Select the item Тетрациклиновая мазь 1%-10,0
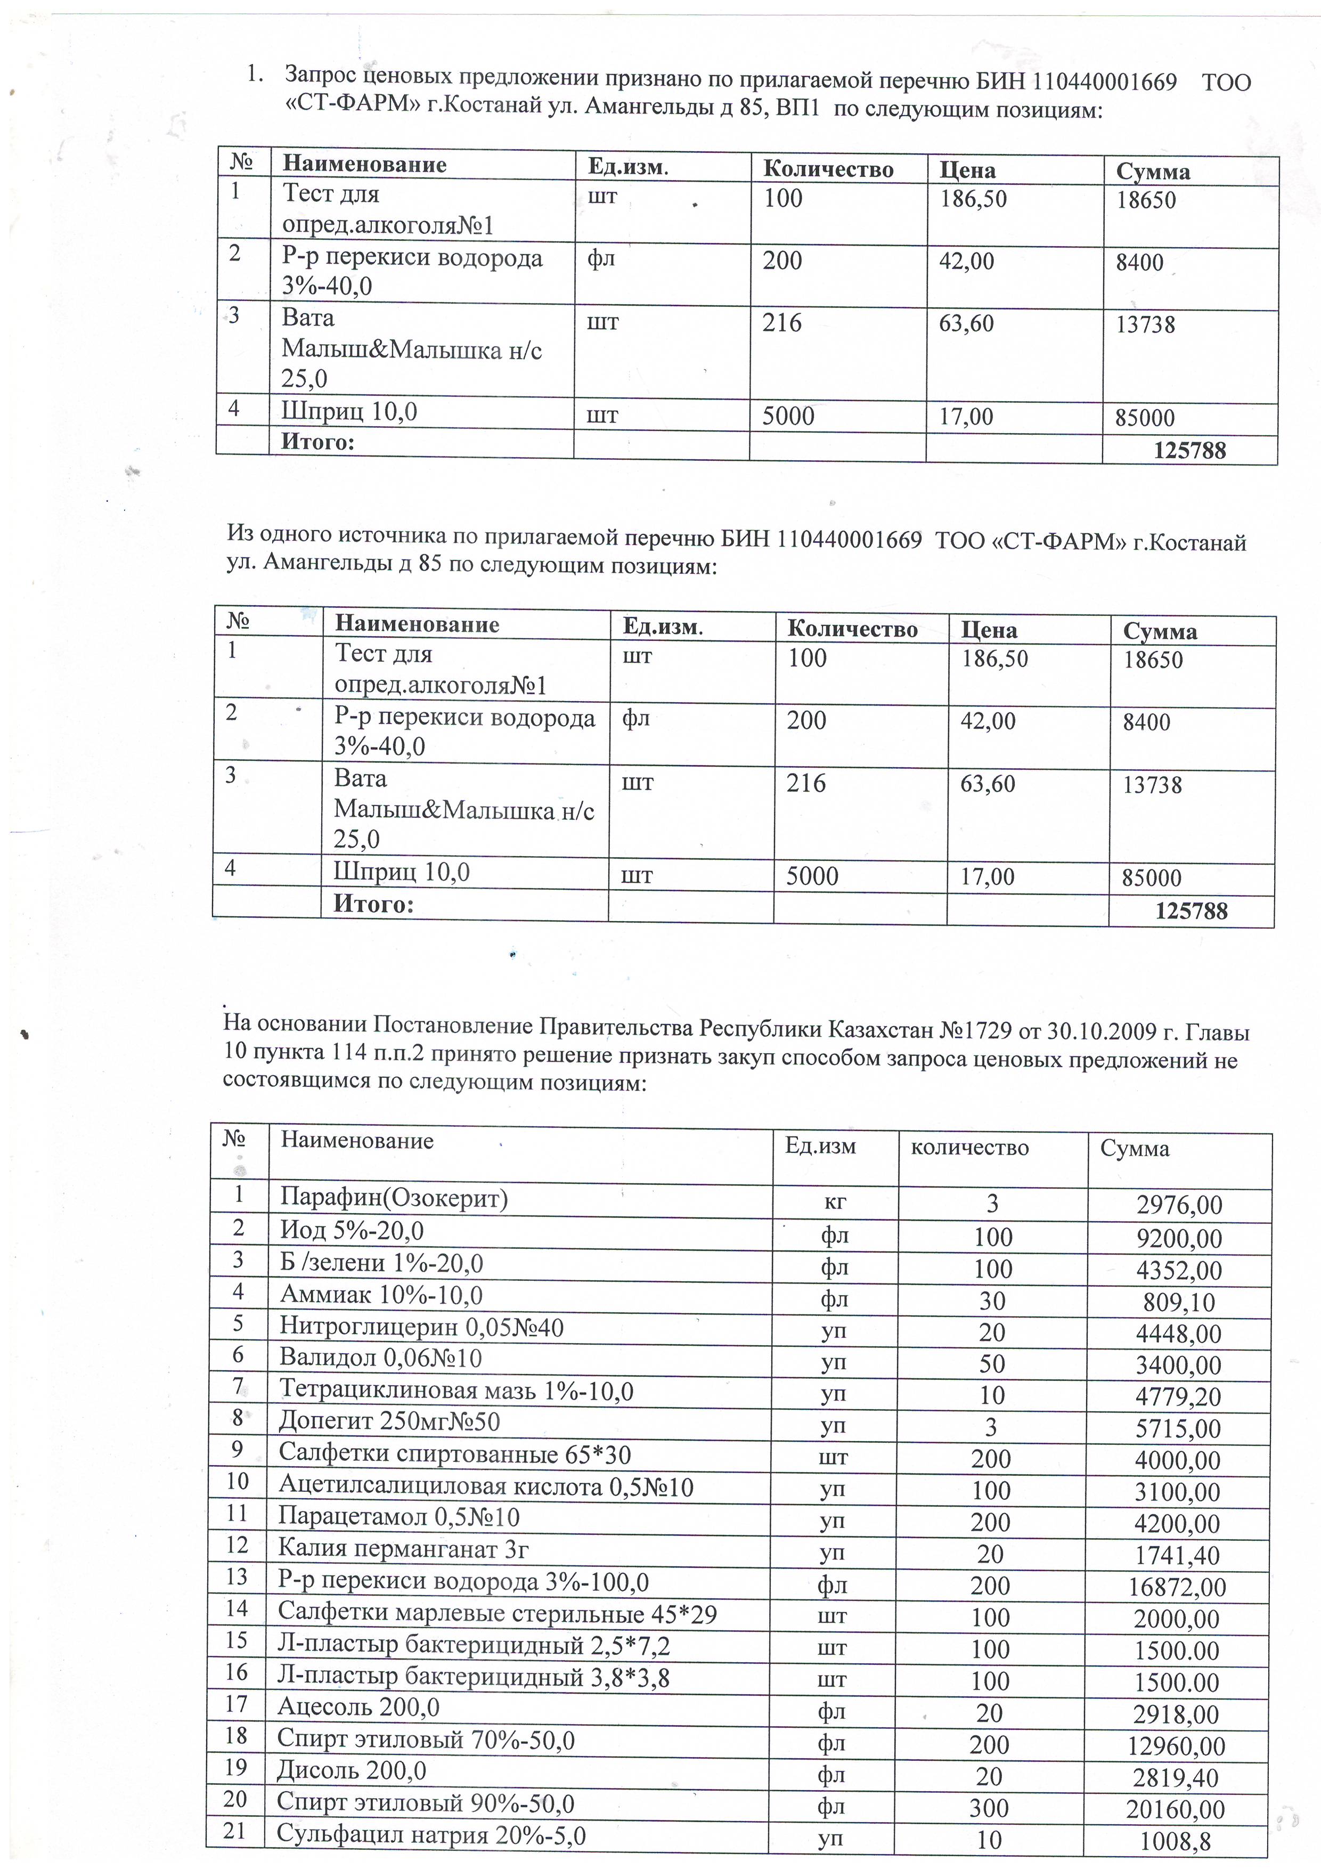click(456, 1391)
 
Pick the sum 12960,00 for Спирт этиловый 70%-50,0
click(1177, 1746)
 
